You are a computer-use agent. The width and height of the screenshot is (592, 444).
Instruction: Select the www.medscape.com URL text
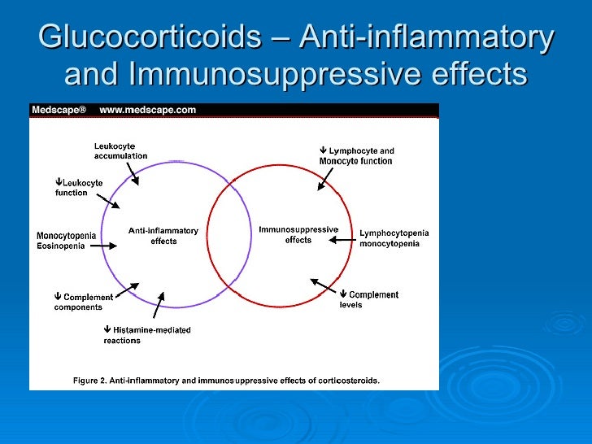click(x=147, y=111)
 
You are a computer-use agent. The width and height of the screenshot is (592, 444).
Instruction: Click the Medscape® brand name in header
click(x=59, y=111)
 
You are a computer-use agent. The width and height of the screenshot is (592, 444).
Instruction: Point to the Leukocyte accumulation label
click(x=120, y=151)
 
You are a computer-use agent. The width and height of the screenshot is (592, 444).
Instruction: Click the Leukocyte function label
click(x=79, y=188)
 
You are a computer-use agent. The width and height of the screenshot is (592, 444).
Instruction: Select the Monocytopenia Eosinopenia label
click(x=66, y=241)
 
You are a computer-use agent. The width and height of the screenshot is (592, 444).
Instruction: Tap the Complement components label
click(x=83, y=302)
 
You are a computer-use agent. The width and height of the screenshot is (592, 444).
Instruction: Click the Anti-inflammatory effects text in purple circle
click(x=163, y=236)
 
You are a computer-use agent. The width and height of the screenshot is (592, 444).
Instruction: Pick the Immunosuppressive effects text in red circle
click(x=298, y=234)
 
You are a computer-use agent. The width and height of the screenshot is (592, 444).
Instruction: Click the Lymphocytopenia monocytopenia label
click(x=394, y=238)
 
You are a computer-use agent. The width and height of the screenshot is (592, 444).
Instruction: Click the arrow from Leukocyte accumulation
click(x=133, y=172)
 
